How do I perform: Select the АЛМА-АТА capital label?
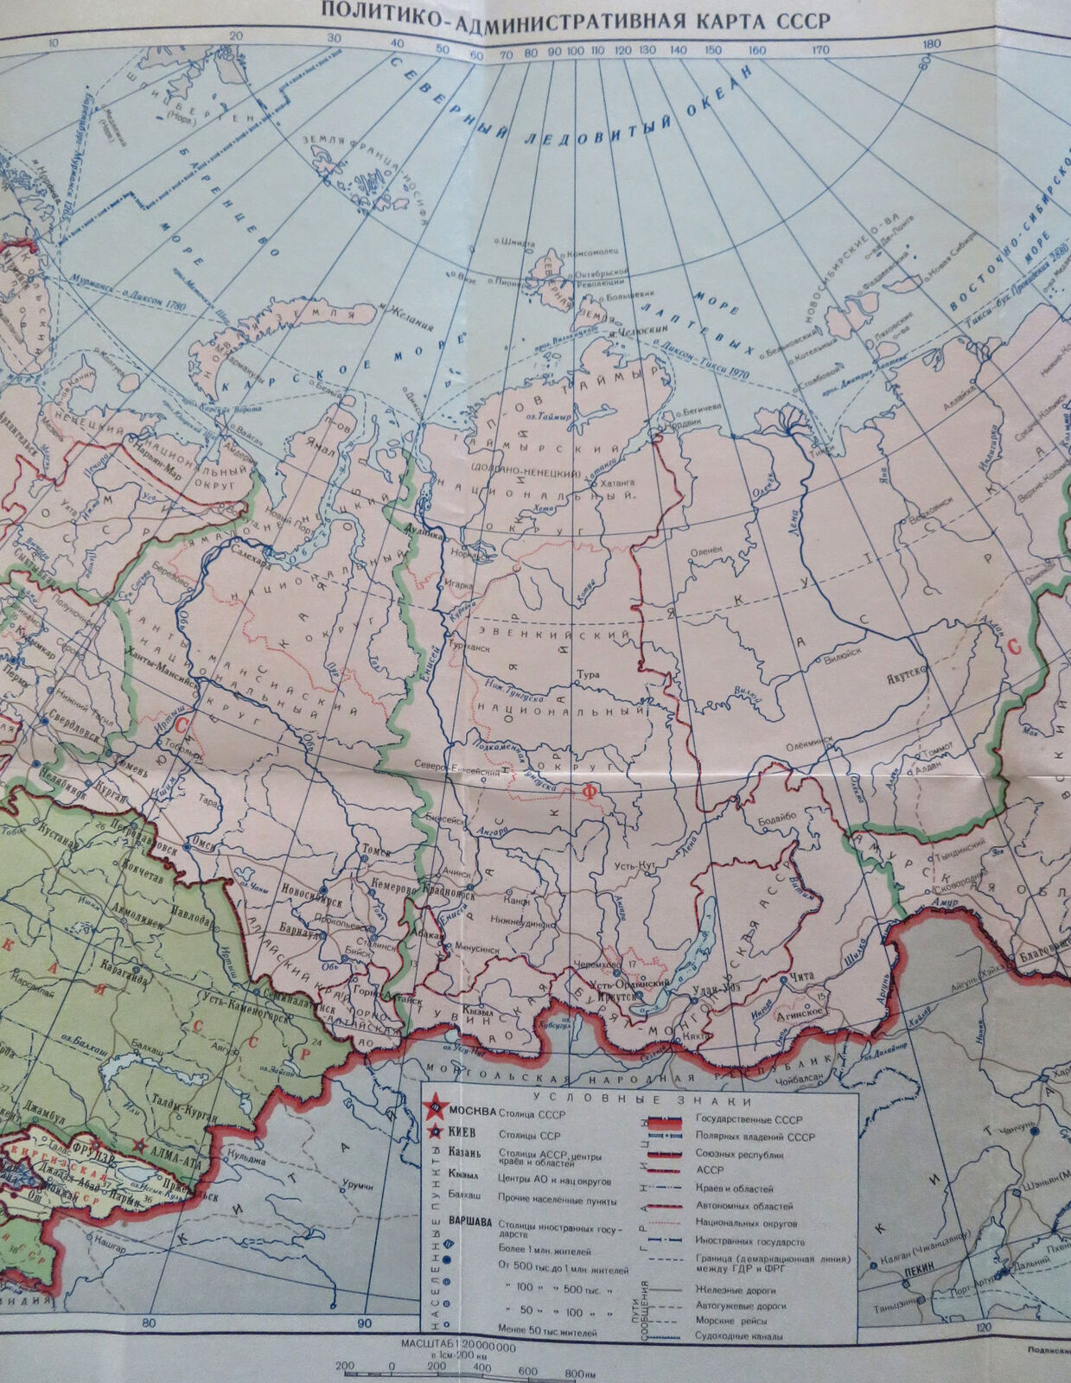pyautogui.click(x=173, y=1165)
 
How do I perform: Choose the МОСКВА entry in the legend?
pyautogui.click(x=474, y=1111)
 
